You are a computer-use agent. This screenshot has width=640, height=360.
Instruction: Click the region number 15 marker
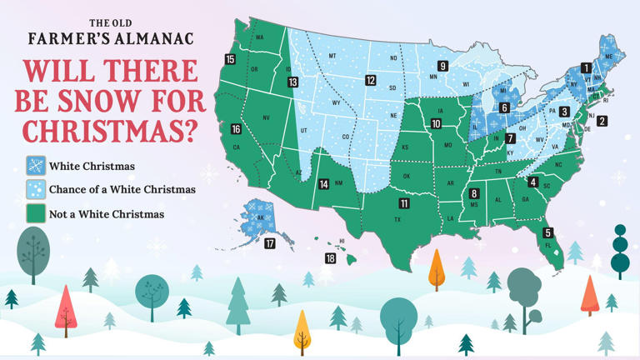pos(229,59)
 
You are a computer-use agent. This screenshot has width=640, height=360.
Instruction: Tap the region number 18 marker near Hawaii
pos(331,258)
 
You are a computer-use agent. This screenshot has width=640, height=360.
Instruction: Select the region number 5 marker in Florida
pos(547,232)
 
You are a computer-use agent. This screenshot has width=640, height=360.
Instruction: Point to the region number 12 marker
pos(370,80)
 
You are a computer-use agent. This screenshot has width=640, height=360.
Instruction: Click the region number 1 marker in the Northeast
pos(586,68)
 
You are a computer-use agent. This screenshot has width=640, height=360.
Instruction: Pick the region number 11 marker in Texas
pos(404,203)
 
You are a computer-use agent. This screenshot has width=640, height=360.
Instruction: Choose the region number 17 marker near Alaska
pos(269,243)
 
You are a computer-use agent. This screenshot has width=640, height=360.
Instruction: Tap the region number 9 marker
pos(443,66)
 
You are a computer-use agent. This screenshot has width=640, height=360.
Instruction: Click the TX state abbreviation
pos(397,220)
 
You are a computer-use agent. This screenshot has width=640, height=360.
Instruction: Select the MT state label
pos(332,56)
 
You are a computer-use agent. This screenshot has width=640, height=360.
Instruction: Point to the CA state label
pos(236,147)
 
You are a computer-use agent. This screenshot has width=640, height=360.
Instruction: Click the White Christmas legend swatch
pos(36,166)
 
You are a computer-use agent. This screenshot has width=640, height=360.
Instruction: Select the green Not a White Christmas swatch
pos(36,214)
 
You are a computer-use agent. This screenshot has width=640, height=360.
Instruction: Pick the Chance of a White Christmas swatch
pos(36,190)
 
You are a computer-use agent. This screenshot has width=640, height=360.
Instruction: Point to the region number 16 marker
pos(236,129)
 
